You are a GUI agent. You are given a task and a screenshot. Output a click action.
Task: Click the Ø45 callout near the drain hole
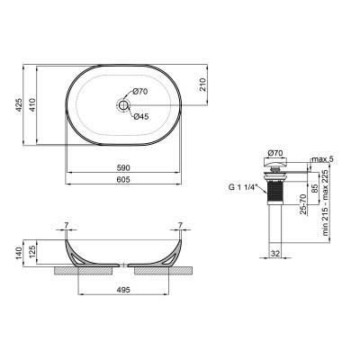141,116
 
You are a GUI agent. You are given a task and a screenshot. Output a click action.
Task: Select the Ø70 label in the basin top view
140,92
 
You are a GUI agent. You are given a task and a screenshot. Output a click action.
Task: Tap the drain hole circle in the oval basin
122,105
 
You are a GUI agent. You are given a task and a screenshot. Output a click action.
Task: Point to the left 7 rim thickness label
67,225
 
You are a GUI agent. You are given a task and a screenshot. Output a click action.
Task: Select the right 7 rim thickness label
180,225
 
